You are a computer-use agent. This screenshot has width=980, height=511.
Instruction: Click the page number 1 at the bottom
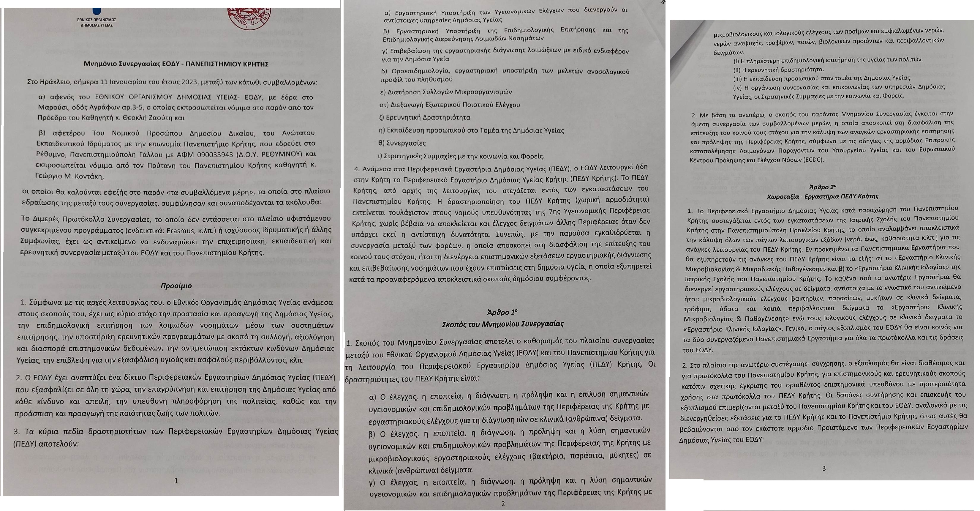pyautogui.click(x=176, y=481)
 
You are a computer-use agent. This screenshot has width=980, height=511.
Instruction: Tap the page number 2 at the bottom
pyautogui.click(x=503, y=504)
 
